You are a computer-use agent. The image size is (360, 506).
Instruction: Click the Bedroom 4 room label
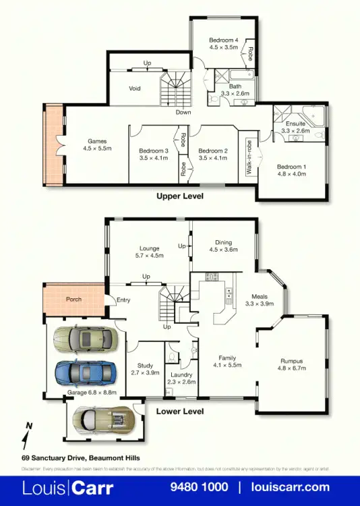[223, 40]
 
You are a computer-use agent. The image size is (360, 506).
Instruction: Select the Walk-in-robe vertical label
[249, 157]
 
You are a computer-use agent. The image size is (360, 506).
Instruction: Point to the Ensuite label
[295, 124]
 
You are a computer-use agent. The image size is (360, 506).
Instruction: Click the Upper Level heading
[179, 196]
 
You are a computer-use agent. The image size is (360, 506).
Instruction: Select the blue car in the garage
[82, 371]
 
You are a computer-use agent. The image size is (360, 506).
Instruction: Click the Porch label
[73, 300]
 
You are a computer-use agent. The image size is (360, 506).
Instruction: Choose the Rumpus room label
[291, 360]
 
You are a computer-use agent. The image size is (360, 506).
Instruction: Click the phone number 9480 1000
[200, 487]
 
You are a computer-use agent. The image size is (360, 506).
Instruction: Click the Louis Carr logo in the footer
[68, 487]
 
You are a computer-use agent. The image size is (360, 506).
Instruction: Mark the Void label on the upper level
[135, 88]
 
